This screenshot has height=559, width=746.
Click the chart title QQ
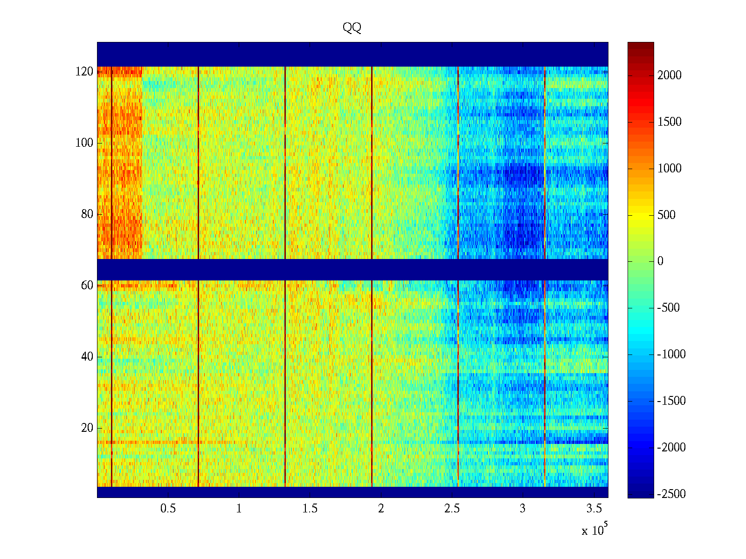coord(352,28)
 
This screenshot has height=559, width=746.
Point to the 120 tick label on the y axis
coord(84,72)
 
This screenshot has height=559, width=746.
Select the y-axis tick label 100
coord(84,143)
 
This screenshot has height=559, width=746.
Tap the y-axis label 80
coord(87,214)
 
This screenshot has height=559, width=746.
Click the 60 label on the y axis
coord(87,286)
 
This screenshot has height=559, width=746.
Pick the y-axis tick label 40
coord(87,357)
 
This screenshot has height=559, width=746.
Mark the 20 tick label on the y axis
coord(87,428)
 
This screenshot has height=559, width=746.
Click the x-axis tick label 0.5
coord(168,509)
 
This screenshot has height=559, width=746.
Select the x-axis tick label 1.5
coord(310,509)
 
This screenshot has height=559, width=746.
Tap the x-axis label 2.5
coord(452,509)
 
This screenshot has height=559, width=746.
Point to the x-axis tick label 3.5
coord(594,509)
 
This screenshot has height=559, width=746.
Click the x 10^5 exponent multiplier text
coord(594,530)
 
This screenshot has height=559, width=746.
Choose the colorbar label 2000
coord(670,75)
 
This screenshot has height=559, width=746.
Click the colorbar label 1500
coord(670,122)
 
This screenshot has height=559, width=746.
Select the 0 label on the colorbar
coord(660,261)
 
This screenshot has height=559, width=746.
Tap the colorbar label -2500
coord(671,494)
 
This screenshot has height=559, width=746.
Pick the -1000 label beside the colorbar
coord(671,354)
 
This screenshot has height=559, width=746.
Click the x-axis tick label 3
coord(523,509)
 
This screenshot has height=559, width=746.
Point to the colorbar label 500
coord(667,215)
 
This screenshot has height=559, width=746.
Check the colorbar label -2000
coord(671,448)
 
